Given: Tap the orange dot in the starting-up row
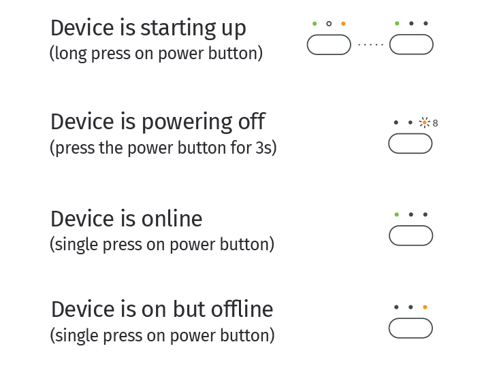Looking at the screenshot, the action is (343, 24).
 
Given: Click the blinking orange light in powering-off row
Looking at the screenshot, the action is (425, 122).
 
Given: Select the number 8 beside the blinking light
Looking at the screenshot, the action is (435, 123).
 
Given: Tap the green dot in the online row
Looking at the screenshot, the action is (396, 214).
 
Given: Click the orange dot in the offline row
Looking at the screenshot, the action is (425, 307).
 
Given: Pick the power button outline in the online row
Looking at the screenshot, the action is (411, 226).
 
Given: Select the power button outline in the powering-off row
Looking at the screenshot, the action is (410, 133).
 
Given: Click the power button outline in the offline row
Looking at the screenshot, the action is (411, 318).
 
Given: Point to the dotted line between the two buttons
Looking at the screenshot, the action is (370, 45).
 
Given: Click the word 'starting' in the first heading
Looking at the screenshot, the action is (178, 29).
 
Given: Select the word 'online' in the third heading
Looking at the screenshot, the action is (172, 219).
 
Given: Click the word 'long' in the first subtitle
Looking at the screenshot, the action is (71, 54).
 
